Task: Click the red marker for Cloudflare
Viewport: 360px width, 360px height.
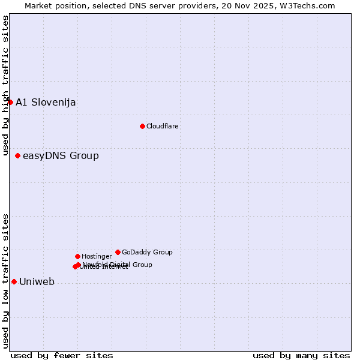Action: coord(142,126)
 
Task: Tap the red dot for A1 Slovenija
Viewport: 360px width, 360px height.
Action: coord(10,102)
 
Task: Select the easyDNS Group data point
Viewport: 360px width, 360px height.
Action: coord(17,155)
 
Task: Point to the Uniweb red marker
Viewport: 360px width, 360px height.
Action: coord(14,281)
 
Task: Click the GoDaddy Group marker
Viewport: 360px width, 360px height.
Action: coord(118,252)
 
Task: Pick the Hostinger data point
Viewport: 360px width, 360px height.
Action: coord(77,256)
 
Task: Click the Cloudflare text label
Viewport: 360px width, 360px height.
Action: coord(162,126)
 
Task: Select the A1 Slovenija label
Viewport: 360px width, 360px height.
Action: coord(46,102)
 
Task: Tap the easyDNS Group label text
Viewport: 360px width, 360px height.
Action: coord(61,156)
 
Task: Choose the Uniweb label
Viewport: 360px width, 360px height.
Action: coord(37,282)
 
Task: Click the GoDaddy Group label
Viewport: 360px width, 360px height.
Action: coord(147,252)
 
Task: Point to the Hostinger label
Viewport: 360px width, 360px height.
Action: coord(97,256)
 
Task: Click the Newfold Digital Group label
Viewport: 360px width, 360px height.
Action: coord(118,264)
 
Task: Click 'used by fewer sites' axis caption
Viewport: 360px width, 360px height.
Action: coord(62,355)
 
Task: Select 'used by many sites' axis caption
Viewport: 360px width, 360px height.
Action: coord(301,355)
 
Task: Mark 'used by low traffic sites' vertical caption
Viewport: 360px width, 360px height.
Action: coord(5,280)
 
